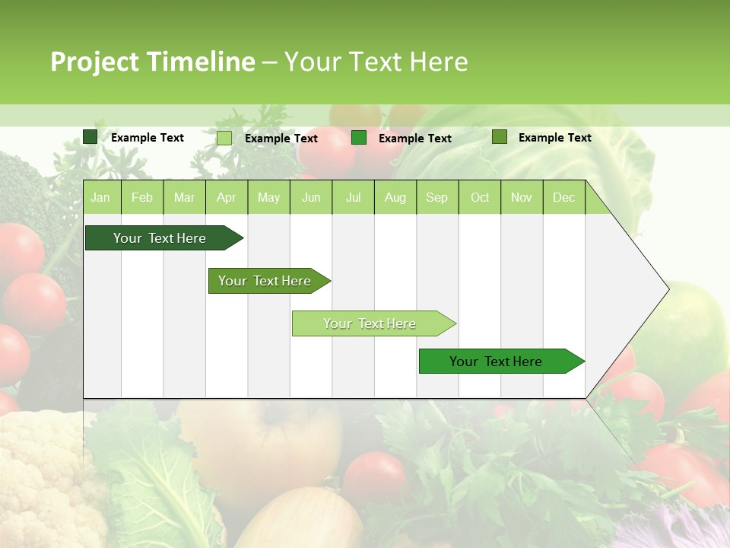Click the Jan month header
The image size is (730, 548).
tap(100, 197)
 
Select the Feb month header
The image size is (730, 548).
tap(142, 197)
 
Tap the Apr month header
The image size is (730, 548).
tap(226, 197)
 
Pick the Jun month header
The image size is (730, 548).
tap(311, 197)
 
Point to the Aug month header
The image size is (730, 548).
tap(395, 197)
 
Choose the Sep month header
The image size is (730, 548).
tap(436, 197)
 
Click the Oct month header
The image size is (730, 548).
tap(480, 197)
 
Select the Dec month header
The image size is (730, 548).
tap(563, 197)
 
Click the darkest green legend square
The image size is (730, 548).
tap(90, 137)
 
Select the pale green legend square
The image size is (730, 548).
tap(224, 138)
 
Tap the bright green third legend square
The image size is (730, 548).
tap(359, 138)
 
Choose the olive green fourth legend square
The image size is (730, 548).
tap(499, 137)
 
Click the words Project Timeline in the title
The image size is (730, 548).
tap(152, 62)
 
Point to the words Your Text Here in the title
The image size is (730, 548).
tap(376, 62)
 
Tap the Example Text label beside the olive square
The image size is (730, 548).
tap(554, 138)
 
